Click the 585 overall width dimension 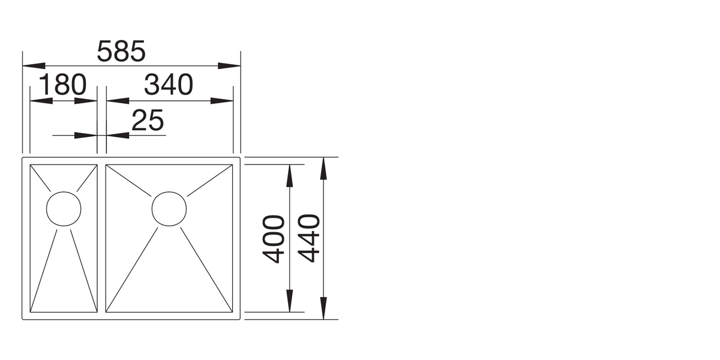pos(121,51)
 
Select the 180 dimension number pos(62,85)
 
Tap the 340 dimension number pos(169,85)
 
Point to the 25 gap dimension pos(148,120)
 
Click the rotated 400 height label pos(274,239)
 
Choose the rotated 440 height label pos(309,239)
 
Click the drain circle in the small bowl pos(64,209)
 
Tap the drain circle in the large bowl pos(169,209)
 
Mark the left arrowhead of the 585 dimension pos(34,66)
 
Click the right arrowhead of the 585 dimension pos(229,66)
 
